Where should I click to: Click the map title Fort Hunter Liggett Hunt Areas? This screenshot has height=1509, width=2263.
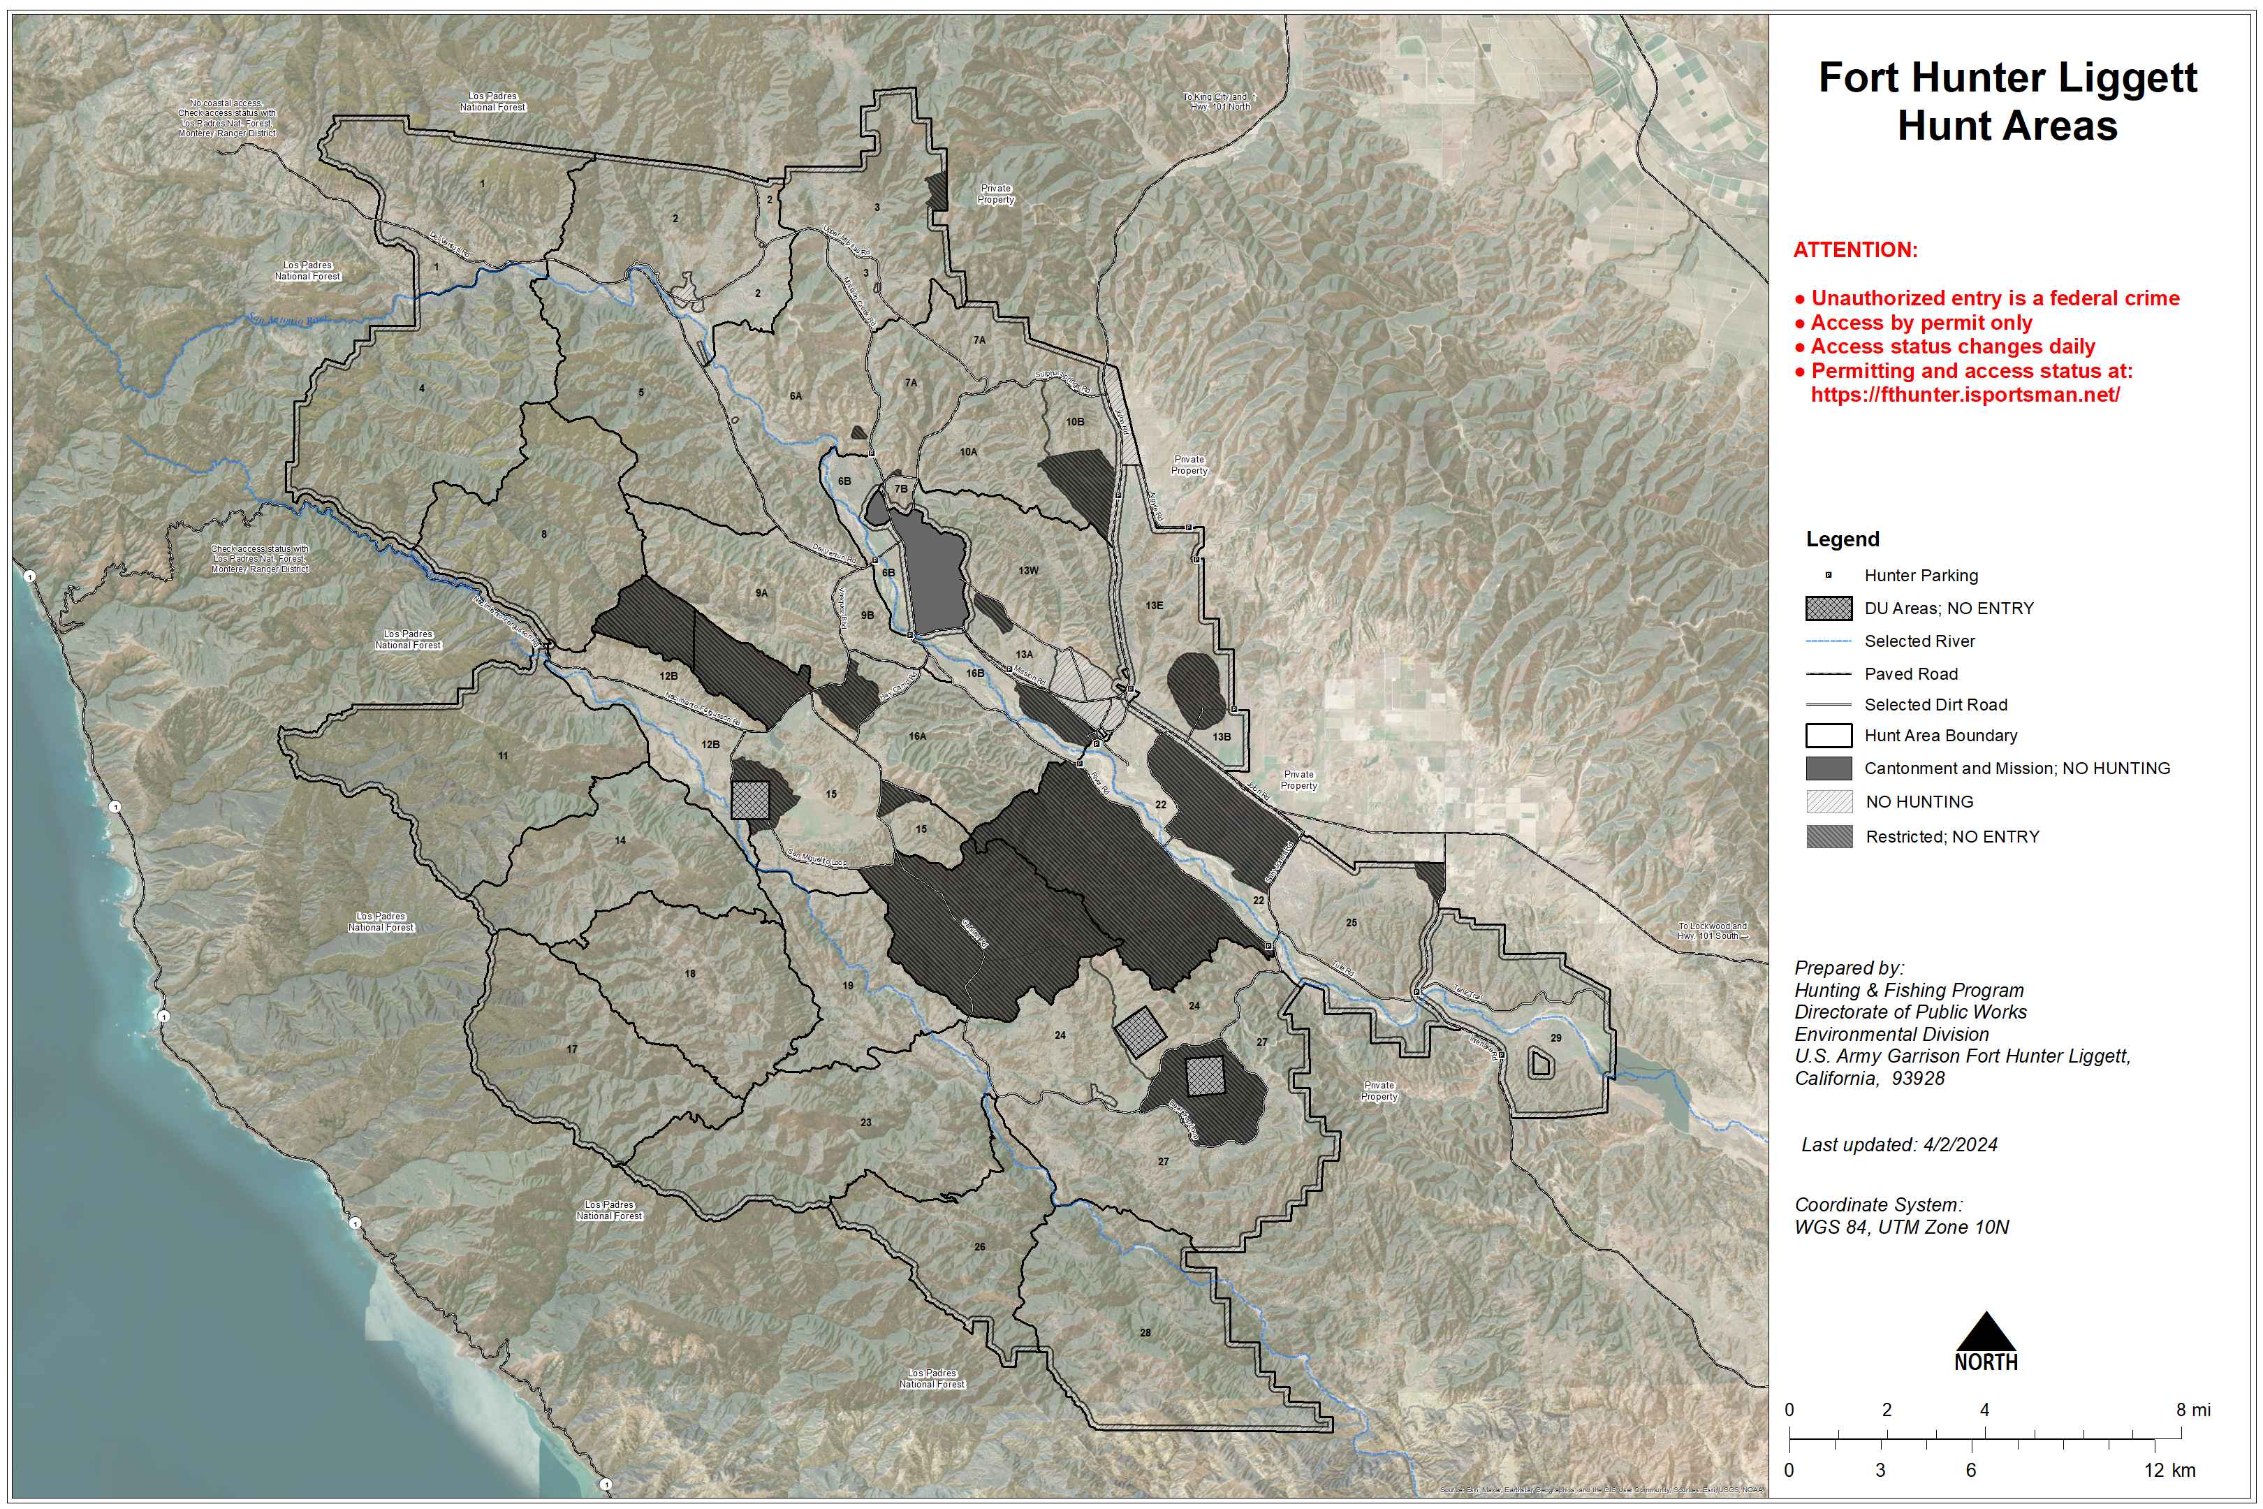coord(2007,101)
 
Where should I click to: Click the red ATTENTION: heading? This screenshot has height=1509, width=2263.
coord(1855,250)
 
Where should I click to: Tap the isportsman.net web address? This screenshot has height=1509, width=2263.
coord(1965,395)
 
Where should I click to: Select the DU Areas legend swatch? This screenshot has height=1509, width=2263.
coord(1828,608)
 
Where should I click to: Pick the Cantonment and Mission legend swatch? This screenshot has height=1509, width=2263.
coord(1828,768)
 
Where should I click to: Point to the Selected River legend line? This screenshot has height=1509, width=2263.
coord(1828,641)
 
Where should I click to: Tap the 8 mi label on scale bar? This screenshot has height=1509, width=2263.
coord(2194,1410)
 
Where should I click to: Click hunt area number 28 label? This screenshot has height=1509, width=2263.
coord(1145,1333)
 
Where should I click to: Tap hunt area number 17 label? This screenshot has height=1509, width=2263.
coord(571,1049)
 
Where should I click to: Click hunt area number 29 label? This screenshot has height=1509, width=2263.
coord(1556,1037)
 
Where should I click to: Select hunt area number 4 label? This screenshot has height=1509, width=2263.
coord(421,389)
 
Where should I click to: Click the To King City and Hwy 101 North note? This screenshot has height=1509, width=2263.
coord(1218,101)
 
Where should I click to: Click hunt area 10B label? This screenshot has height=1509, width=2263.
coord(1075,421)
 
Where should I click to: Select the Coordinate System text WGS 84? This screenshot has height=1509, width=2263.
coord(1901,1227)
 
